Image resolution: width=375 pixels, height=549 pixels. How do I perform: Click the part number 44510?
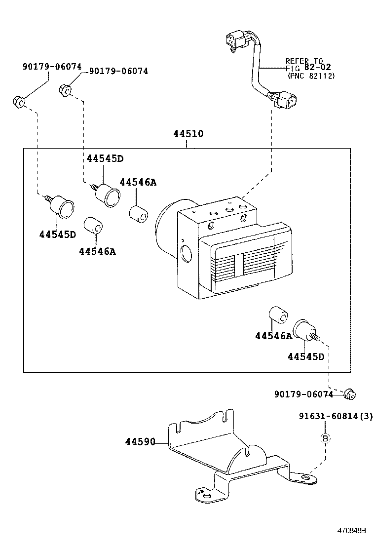point(187,134)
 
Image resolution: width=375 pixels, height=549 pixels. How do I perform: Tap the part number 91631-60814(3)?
point(336,416)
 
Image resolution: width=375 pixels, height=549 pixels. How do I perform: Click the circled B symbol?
point(325,438)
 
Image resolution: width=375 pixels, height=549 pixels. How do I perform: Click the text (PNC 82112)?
point(311,76)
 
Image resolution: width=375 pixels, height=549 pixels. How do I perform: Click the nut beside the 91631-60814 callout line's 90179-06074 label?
point(350,393)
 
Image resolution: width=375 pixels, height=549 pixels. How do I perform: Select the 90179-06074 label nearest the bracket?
point(303,394)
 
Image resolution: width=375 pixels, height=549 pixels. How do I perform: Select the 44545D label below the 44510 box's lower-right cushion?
point(306,356)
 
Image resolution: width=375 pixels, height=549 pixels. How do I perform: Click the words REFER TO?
point(304,61)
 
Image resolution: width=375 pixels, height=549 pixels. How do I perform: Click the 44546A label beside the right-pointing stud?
point(273,336)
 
